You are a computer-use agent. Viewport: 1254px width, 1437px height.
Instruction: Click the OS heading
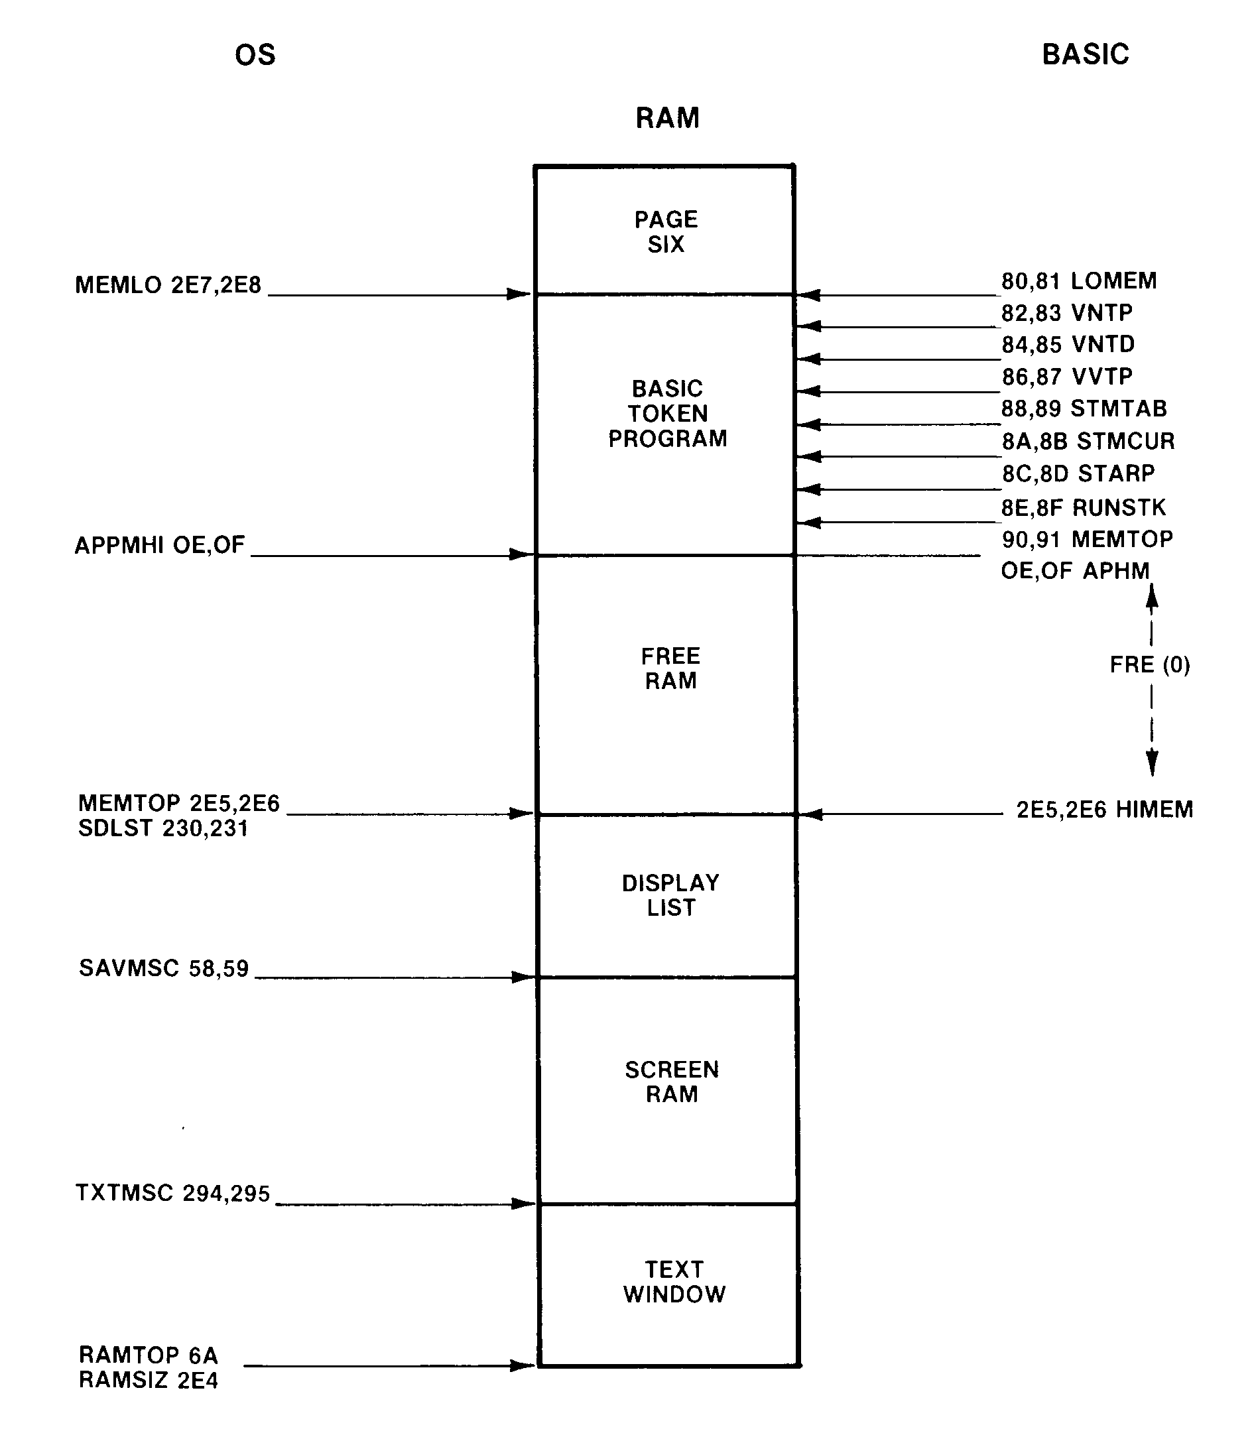[x=255, y=55]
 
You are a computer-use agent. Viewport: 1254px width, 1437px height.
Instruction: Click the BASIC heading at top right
[x=1085, y=54]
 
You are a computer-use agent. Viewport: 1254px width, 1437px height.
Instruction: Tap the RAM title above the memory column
[x=667, y=118]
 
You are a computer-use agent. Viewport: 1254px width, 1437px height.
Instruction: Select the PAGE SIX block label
[x=666, y=231]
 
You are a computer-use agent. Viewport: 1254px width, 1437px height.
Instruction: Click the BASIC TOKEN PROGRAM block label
[x=667, y=414]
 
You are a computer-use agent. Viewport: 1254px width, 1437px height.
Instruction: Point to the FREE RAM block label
[x=670, y=668]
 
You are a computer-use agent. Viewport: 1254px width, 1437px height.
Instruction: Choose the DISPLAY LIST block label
[x=670, y=895]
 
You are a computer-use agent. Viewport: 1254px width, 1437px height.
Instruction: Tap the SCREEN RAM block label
[x=671, y=1082]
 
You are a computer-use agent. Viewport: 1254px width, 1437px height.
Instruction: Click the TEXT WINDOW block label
[x=674, y=1282]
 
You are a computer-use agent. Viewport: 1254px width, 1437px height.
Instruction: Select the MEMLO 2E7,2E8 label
[x=168, y=285]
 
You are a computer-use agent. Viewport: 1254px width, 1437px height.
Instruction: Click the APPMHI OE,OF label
[x=160, y=545]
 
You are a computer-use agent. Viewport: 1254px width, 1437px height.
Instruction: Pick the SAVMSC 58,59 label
[x=164, y=968]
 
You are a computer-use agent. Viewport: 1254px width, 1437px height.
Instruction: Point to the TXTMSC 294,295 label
[x=172, y=1193]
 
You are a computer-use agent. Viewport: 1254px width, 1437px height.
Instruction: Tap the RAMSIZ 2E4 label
[x=149, y=1381]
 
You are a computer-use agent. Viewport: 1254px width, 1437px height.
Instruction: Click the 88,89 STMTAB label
[x=1084, y=408]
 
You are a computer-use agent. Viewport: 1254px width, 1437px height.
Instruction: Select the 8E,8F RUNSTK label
[x=1084, y=507]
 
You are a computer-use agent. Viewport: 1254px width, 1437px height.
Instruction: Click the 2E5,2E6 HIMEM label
[x=1104, y=810]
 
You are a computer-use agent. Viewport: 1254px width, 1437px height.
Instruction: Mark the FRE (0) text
[x=1150, y=664]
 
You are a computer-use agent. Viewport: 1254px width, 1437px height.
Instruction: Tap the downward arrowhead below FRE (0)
[x=1152, y=763]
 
